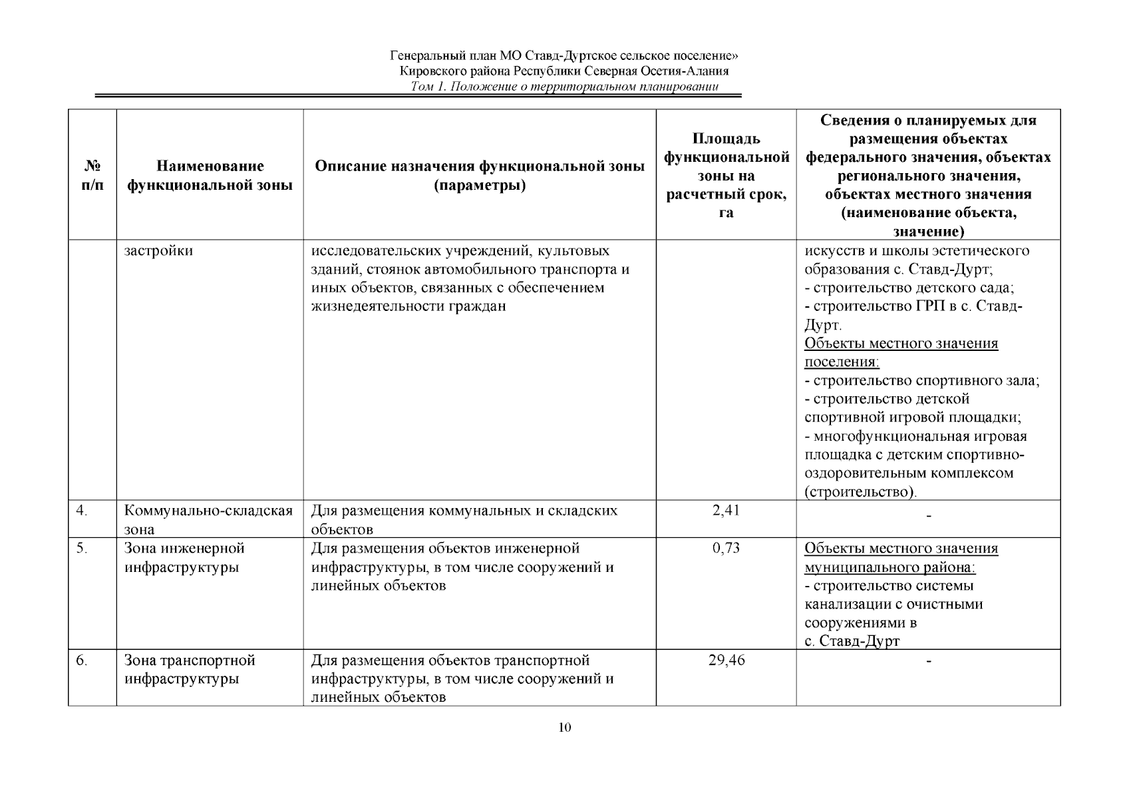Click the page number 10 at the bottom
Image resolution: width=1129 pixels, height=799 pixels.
[x=564, y=727]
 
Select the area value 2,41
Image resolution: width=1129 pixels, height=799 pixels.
[x=726, y=511]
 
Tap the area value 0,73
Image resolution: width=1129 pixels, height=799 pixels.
[x=726, y=548]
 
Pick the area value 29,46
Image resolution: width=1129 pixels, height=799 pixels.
[x=726, y=661]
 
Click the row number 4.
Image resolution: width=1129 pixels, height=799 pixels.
[x=81, y=511]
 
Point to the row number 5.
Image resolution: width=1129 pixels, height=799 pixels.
[x=81, y=548]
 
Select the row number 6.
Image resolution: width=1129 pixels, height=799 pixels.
[x=81, y=661]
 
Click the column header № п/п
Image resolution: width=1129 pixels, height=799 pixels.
[x=92, y=175]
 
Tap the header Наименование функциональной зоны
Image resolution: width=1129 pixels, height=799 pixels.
[x=210, y=175]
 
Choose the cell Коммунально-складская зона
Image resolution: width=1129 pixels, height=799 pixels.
[x=208, y=519]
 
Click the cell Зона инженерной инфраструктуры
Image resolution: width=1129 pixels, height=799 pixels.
[x=184, y=557]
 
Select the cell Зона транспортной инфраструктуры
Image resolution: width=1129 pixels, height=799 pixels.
[x=190, y=669]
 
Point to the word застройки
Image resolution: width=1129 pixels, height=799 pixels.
[x=158, y=251]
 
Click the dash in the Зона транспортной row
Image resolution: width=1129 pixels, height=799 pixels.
[x=929, y=661]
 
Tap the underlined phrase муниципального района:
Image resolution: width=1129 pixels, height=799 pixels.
[x=889, y=567]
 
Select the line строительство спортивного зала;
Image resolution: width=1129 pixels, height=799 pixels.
[x=921, y=381]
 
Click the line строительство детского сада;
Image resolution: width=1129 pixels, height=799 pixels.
[x=909, y=288]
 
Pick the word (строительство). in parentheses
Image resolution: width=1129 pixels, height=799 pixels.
[x=860, y=492]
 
